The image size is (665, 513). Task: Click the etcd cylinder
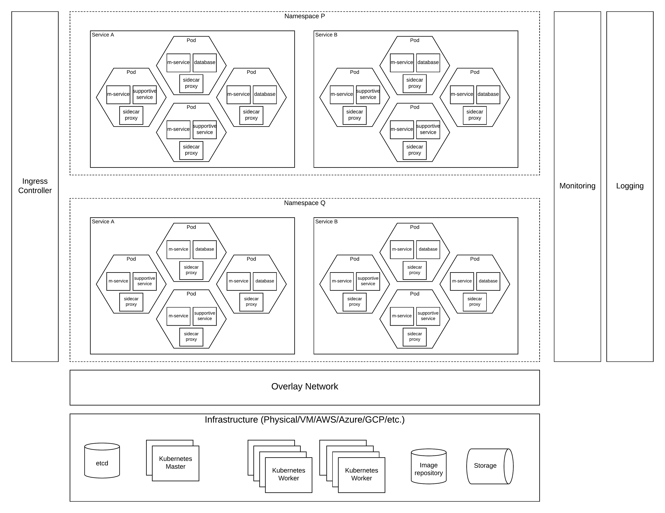coord(102,463)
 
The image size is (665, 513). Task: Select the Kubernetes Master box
coord(176,463)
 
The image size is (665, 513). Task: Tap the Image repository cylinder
coord(429,469)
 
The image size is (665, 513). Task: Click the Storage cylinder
coord(485,466)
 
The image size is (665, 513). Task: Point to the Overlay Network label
coord(304,387)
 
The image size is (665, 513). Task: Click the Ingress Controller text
coord(35,186)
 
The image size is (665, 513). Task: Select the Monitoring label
coord(577,186)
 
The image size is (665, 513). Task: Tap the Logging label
coord(630,186)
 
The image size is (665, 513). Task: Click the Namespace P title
coord(304,16)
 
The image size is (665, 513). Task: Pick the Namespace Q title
coord(304,203)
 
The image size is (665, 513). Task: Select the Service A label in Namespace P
coord(103,35)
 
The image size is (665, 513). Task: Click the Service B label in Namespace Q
coord(326,221)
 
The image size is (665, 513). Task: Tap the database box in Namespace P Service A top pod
coord(205,62)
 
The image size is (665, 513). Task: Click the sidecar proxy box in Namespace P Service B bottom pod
coord(415,150)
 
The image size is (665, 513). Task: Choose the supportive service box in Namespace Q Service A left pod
coord(145,281)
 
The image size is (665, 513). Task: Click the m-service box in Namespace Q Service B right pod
coord(462,281)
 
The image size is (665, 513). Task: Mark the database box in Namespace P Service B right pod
coord(488,94)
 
